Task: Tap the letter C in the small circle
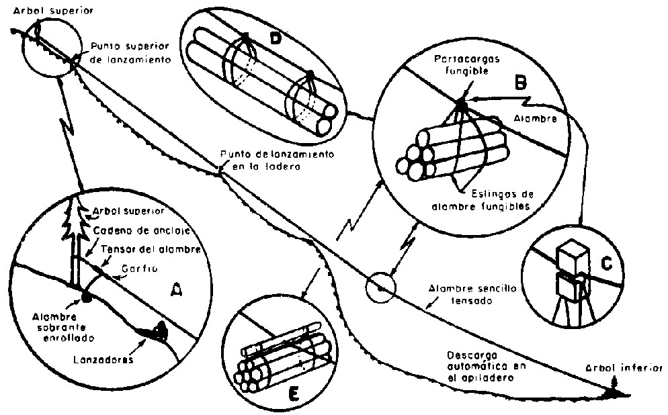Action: click(606, 264)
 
